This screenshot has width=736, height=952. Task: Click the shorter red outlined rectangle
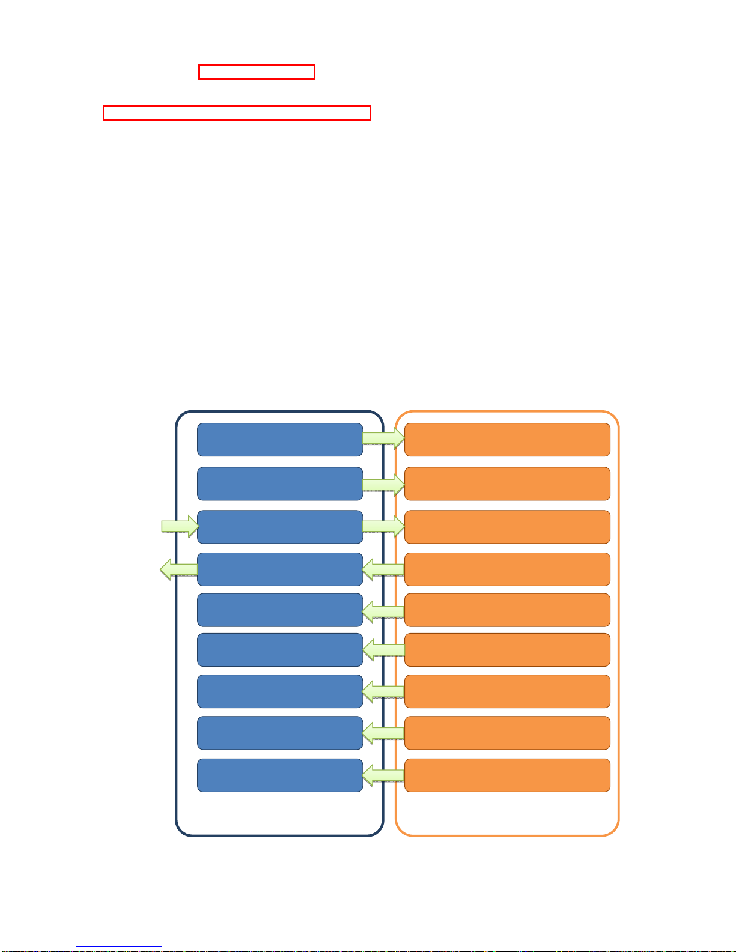coord(257,72)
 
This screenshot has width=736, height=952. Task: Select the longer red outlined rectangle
coord(236,113)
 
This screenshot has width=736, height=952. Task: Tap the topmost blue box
coord(280,440)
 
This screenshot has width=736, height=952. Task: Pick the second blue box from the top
coord(280,484)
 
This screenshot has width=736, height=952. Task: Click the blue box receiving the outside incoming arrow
coord(280,527)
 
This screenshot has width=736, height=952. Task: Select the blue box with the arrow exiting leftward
coord(280,569)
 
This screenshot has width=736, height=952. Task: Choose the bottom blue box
coord(280,775)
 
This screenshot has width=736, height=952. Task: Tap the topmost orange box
coord(507,440)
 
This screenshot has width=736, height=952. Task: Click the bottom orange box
coord(507,775)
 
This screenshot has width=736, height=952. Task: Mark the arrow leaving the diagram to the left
coord(178,569)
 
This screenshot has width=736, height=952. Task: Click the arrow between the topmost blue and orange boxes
coord(383,438)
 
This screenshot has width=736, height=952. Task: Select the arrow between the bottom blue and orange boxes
coord(383,775)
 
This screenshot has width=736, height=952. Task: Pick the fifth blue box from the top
coord(280,610)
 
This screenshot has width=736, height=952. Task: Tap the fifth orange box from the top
coord(507,610)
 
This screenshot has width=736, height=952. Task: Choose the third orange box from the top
coord(507,527)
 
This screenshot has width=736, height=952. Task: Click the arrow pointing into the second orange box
coord(383,484)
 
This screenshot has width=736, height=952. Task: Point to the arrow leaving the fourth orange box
coord(383,569)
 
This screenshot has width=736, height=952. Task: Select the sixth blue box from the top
coord(280,650)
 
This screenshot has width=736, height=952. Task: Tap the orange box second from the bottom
coord(507,733)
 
